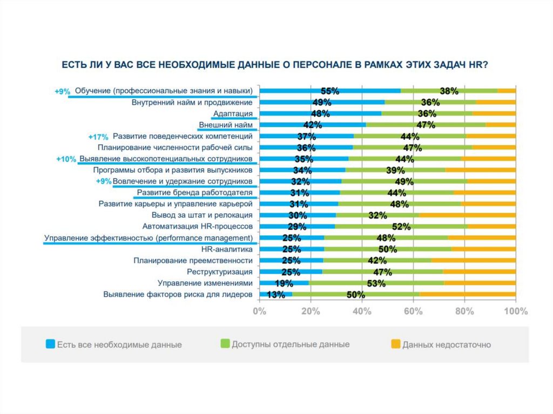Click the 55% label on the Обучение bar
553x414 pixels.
click(x=329, y=91)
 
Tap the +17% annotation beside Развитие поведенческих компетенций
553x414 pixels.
click(x=98, y=137)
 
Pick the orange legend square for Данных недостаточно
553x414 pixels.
click(x=395, y=343)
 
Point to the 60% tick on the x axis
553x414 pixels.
click(x=413, y=311)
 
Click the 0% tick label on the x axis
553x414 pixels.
click(x=260, y=311)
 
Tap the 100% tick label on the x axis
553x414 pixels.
click(x=515, y=311)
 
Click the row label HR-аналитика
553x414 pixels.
click(x=227, y=249)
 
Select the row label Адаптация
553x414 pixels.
click(x=233, y=113)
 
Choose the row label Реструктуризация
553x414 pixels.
click(x=220, y=272)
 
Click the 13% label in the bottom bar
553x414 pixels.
click(x=276, y=295)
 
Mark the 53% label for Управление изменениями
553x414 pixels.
click(x=375, y=283)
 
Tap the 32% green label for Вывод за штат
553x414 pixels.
click(x=377, y=215)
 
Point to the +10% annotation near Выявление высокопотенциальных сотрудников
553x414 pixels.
click(x=66, y=160)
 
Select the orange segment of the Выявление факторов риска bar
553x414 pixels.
click(x=468, y=294)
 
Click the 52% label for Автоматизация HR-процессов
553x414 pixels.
click(x=401, y=227)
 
